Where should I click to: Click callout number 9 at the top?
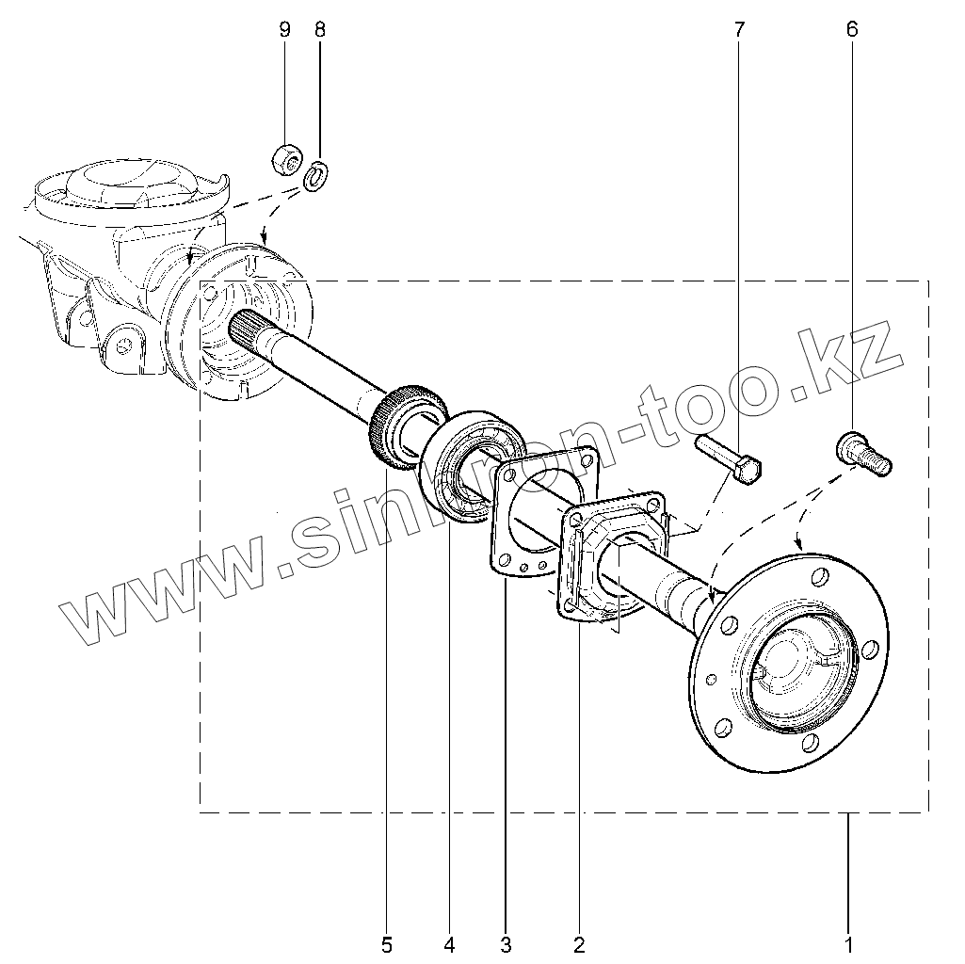pos(285,29)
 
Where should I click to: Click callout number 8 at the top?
pos(319,29)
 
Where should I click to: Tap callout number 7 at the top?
pos(737,29)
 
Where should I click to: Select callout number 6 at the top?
pos(852,29)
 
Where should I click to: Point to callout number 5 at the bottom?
pos(386,942)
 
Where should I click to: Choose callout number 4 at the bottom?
pos(449,942)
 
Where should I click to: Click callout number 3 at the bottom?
pos(506,942)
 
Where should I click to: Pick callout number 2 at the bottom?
pos(579,942)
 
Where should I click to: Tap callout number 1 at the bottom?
pos(848,942)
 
